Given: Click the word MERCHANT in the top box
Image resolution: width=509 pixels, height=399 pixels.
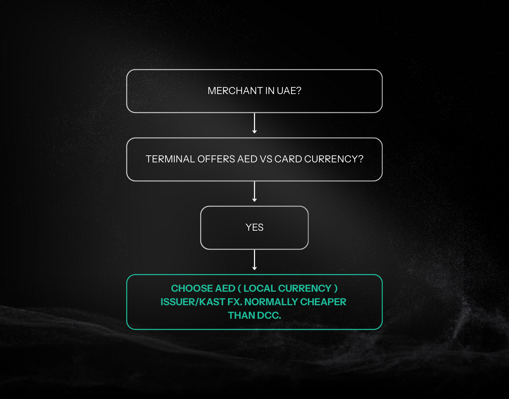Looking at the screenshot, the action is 235,91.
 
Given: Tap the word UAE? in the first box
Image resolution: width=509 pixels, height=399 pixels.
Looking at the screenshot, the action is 289,91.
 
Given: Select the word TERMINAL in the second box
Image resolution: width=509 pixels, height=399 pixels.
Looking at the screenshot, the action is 170,159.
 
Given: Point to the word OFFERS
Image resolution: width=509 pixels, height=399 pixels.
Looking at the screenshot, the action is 216,159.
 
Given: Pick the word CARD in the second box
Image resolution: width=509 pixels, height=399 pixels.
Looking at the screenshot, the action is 288,159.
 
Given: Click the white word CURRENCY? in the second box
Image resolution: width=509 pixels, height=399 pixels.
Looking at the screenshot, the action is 334,159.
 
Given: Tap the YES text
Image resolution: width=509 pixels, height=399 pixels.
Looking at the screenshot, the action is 254,227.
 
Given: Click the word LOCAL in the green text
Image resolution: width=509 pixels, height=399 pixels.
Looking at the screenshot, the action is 260,288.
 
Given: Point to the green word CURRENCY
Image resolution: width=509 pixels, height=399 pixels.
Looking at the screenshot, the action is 305,288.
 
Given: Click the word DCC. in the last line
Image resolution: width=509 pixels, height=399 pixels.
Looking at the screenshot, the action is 269,315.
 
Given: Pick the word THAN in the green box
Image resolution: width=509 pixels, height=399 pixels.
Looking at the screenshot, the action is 242,315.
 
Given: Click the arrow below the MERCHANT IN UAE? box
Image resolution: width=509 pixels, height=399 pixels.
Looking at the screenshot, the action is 254,123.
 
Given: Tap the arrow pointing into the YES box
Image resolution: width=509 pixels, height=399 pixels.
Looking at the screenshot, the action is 254,192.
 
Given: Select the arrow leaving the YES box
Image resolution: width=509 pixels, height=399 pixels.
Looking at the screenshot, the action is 254,260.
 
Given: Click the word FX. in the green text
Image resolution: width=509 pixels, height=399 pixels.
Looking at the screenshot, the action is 235,302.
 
